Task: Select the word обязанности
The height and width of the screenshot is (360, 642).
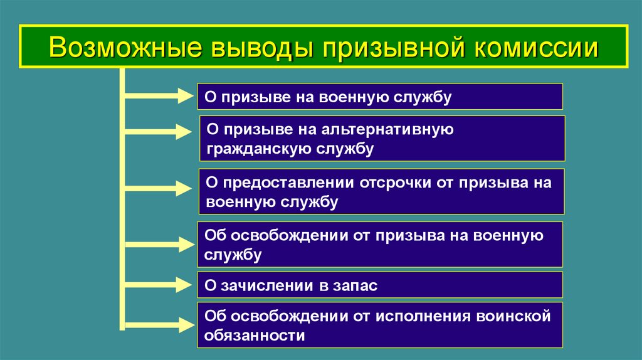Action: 255,335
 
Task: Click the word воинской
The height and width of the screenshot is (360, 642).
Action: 513,316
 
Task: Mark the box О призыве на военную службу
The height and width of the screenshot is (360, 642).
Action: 380,97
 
